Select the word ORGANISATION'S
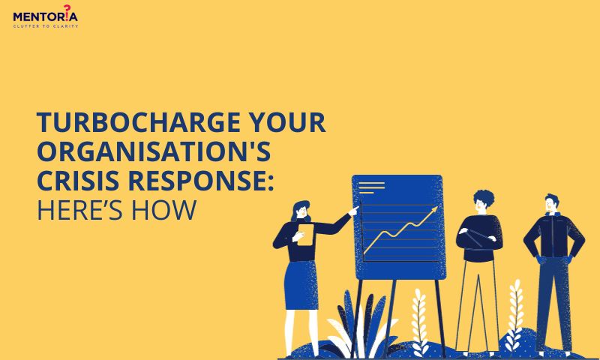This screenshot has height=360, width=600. [x=154, y=151]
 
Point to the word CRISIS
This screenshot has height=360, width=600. [x=78, y=181]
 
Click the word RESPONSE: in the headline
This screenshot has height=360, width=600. [x=201, y=181]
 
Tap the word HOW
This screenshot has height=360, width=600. [x=163, y=210]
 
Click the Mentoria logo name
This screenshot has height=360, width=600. [x=45, y=16]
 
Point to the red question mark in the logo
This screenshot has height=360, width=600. [x=67, y=9]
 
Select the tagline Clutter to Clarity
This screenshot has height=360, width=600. [x=46, y=26]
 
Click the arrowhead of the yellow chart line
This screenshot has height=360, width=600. [x=434, y=209]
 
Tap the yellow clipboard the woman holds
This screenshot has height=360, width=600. [x=305, y=235]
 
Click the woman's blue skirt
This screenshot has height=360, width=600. [x=301, y=286]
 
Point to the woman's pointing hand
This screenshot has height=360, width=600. [x=354, y=211]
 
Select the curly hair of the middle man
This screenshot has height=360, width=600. [x=484, y=197]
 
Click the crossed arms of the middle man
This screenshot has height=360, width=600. [x=479, y=235]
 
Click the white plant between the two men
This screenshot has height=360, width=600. [x=514, y=314]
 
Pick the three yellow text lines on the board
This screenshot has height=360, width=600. [x=371, y=187]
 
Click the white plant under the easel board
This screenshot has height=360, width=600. [x=420, y=321]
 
